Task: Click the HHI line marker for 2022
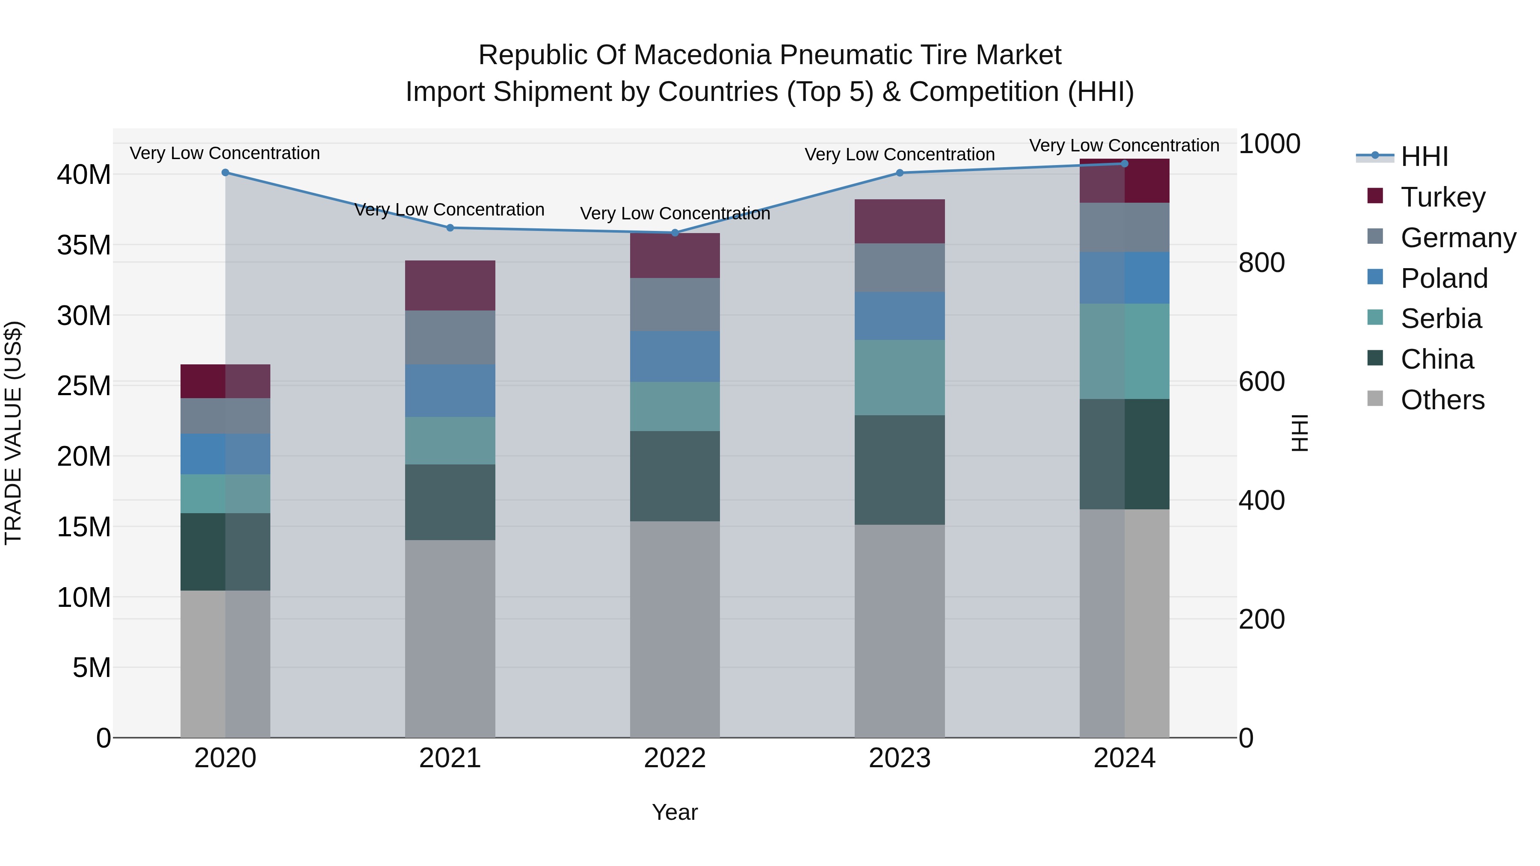(675, 233)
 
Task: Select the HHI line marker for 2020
(225, 173)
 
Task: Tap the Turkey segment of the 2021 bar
(450, 285)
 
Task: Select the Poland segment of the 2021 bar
(450, 390)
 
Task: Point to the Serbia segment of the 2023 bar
(900, 377)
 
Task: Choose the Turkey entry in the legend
(1442, 197)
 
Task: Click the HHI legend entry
(1424, 157)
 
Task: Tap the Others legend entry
(1442, 399)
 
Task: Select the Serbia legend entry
(1441, 319)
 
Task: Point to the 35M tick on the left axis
(84, 245)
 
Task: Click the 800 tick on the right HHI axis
(1262, 263)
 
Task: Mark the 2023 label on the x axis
(900, 758)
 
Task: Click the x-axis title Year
(675, 812)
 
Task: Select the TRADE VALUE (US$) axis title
(13, 433)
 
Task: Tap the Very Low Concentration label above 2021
(450, 210)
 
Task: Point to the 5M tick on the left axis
(92, 668)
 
